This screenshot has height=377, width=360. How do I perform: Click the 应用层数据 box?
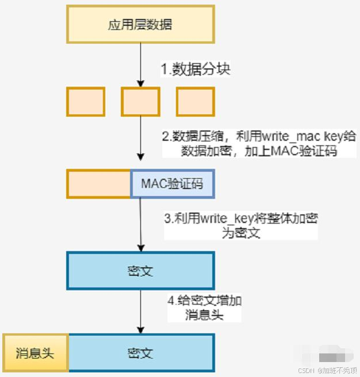point(140,25)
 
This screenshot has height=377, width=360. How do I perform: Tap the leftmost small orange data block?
point(86,102)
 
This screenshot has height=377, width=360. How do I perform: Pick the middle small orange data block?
point(140,102)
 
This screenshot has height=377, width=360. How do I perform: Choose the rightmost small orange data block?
point(195,102)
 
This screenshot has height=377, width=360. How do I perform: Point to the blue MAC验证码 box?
point(173,184)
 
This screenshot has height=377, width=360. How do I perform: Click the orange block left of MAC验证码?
point(99,184)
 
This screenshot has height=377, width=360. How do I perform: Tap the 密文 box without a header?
point(140,271)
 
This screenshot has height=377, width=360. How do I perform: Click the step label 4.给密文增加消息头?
point(204,308)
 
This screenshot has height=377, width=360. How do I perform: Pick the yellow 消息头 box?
point(36,352)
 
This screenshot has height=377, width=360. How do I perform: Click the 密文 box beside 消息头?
point(141,352)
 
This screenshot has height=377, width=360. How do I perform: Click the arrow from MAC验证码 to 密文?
point(140,224)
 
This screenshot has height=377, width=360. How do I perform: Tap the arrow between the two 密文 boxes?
point(140,310)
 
